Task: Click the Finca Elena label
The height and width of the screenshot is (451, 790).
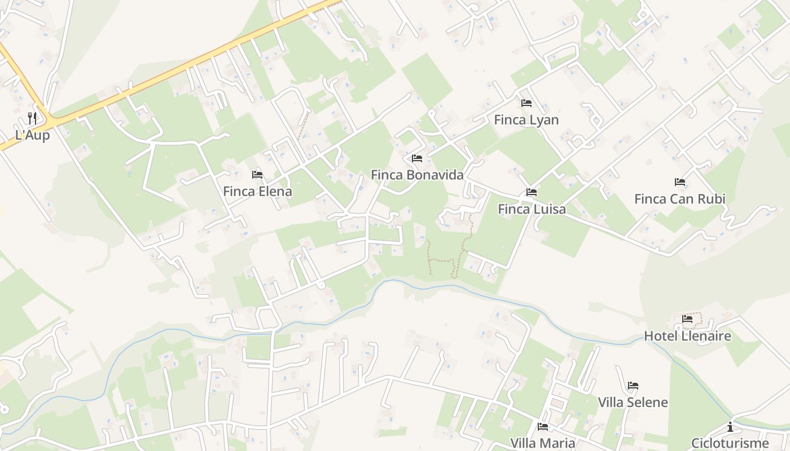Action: point(257,192)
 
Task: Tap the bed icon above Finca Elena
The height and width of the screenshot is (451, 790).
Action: point(257,175)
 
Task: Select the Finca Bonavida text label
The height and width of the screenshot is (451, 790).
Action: point(417,175)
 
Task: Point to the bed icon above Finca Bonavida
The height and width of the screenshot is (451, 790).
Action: point(417,158)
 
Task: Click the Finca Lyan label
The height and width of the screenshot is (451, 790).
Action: point(526,120)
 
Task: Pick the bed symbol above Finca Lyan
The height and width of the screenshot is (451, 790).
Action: point(526,103)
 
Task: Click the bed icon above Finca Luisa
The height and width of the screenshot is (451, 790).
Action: point(532,192)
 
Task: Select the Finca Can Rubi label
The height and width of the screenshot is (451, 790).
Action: point(679,199)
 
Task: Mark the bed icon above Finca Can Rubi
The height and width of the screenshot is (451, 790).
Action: point(680,182)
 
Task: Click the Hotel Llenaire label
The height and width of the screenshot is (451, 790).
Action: point(687,337)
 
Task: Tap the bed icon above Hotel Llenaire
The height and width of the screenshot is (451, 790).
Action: point(687,319)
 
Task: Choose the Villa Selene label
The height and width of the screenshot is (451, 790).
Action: point(633,403)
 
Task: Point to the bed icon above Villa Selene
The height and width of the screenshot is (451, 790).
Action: point(633,386)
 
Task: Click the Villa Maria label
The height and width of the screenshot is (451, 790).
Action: point(542,443)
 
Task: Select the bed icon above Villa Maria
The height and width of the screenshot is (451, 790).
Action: point(543,427)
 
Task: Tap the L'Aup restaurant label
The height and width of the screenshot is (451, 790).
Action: point(32,135)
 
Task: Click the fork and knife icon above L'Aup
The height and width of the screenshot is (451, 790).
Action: point(32,118)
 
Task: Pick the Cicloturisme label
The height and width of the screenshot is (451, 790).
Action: point(730,443)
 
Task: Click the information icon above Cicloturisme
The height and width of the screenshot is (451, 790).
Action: point(730,427)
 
